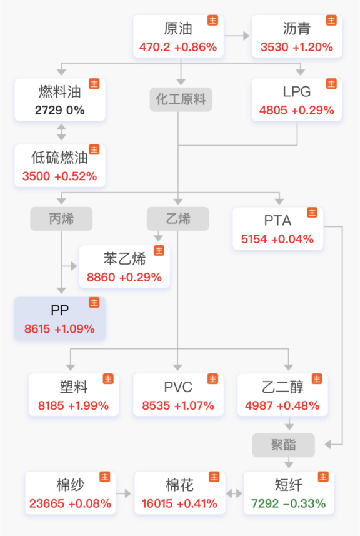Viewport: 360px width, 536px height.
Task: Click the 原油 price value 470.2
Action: (154, 47)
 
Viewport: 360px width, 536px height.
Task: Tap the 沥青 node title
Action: (296, 28)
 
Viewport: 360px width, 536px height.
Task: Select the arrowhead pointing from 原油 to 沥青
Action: (246, 36)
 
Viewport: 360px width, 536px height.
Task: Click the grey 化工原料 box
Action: (181, 99)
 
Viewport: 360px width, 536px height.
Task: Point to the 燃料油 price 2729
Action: (48, 110)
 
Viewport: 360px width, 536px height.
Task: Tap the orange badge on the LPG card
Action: (331, 84)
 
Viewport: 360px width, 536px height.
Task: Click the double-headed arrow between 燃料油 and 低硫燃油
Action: (61, 132)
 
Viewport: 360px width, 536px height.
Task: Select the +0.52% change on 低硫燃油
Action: (76, 176)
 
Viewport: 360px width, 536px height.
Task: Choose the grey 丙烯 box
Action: (61, 219)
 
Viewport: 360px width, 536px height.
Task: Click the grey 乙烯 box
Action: (178, 219)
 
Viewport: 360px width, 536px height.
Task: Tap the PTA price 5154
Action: (254, 239)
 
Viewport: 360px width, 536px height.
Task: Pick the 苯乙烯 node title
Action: (124, 258)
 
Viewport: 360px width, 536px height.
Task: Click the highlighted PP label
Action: (60, 310)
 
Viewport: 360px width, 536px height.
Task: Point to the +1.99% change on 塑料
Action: (89, 405)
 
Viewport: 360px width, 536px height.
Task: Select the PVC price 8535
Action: (156, 405)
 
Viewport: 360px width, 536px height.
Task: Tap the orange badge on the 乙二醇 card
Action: (317, 379)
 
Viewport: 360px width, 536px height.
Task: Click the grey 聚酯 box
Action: (284, 445)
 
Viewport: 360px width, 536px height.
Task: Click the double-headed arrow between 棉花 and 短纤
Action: (234, 493)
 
